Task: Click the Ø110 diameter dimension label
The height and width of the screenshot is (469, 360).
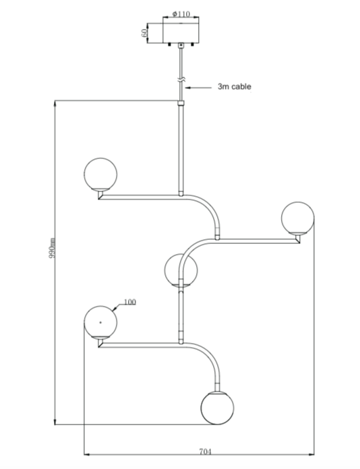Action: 181,14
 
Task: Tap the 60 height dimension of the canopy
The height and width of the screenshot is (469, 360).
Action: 144,32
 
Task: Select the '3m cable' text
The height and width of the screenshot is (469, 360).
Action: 235,87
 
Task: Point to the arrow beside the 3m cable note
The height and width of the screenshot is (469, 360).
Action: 198,88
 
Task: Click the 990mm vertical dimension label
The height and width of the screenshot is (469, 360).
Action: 52,248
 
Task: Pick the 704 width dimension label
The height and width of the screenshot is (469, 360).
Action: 206,451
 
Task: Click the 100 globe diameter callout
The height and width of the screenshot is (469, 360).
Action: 129,302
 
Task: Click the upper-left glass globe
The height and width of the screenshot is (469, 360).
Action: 100,174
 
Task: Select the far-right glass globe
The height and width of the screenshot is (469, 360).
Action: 298,218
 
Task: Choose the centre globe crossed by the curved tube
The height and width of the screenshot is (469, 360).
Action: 181,270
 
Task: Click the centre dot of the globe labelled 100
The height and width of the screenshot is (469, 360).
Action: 100,322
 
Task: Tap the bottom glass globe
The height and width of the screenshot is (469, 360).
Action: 217,408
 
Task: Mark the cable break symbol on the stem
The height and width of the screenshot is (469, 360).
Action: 181,80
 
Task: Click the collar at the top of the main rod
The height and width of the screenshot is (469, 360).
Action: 181,103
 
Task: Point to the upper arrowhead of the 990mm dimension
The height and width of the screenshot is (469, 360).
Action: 55,103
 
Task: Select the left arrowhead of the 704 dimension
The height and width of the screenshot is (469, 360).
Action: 87,455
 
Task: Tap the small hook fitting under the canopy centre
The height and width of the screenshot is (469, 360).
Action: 181,45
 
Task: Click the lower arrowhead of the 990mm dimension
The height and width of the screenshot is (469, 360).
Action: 55,421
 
